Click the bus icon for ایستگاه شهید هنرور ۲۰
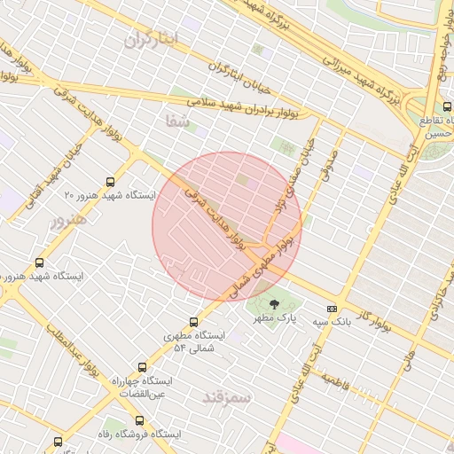click(109, 178)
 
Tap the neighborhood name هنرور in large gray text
click(68, 219)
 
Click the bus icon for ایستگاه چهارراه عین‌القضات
click(142, 367)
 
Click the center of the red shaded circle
click(227, 227)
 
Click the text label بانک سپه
click(332, 323)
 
